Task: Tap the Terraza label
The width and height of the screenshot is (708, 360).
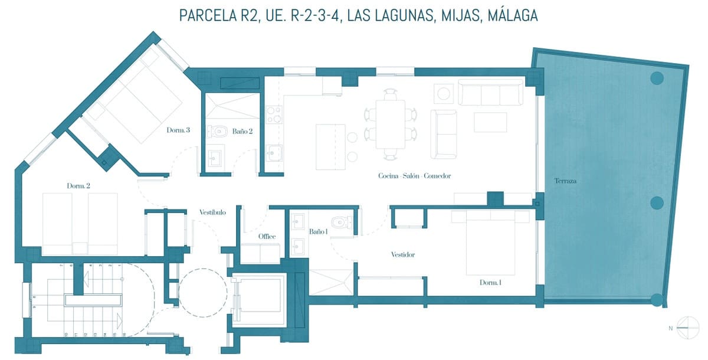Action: (565, 181)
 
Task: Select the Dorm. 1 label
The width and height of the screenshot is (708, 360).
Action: (491, 283)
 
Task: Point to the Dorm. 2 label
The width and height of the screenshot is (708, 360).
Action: (78, 186)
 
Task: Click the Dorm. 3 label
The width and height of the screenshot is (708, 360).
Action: (178, 130)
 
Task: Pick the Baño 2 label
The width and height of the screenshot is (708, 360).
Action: (242, 131)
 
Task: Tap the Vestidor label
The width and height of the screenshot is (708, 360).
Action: (403, 255)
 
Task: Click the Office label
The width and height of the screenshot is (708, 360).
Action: (267, 237)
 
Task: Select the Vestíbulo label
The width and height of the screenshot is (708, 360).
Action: (212, 212)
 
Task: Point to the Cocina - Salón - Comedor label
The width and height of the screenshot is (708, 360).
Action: (414, 176)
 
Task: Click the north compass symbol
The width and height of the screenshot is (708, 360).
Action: (687, 326)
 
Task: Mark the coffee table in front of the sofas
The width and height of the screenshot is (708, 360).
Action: (490, 122)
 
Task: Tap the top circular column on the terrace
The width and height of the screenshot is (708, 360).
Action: (656, 77)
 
